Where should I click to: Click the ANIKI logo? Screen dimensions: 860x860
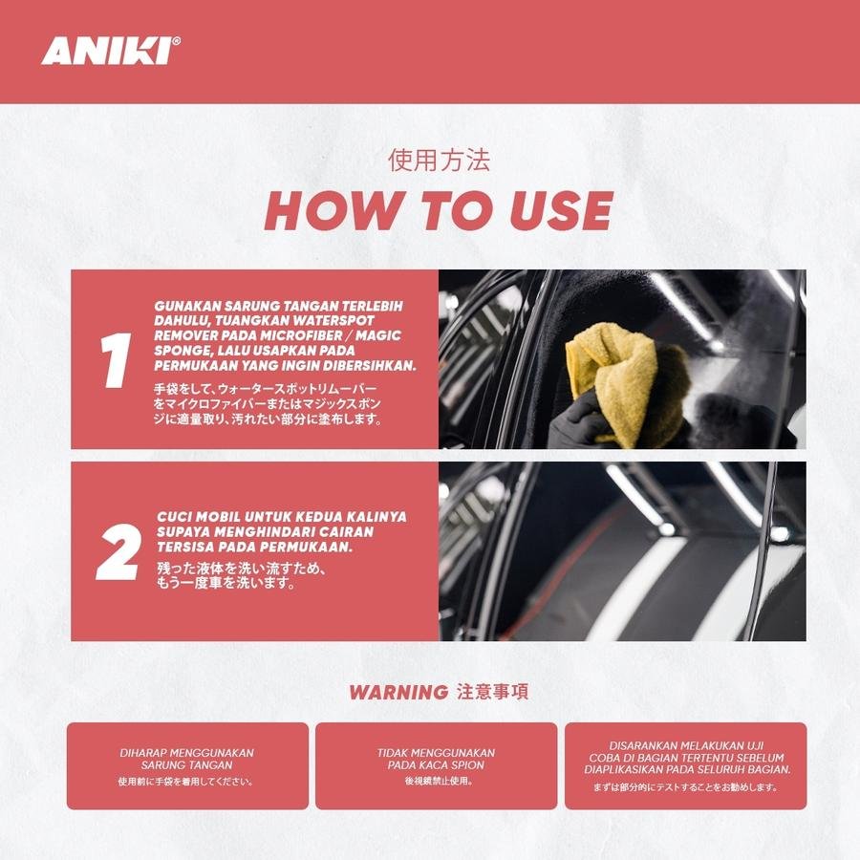point(111,51)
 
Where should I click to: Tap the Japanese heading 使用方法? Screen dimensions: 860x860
point(439,161)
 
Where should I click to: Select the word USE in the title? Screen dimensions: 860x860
point(561,210)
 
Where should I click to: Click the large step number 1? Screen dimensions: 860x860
point(116,360)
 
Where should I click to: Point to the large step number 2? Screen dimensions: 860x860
point(118,551)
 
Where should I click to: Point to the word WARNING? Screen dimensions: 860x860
point(398,693)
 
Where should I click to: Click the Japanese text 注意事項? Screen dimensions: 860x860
point(492,692)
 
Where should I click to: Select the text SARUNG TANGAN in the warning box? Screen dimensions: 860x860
point(187,765)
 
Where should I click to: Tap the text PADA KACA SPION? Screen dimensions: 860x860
point(436,765)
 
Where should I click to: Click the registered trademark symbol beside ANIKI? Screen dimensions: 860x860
point(176,40)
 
